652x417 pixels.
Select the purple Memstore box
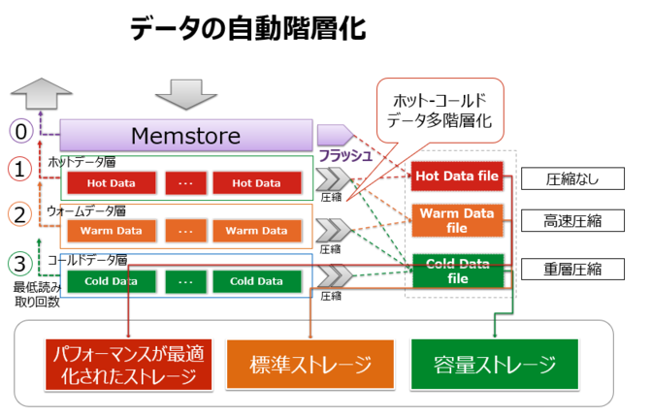coord(185,135)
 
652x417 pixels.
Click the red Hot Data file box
coord(456,176)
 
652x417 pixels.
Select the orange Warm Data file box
coord(456,221)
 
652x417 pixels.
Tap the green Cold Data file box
coord(456,269)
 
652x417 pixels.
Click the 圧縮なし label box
coord(561,179)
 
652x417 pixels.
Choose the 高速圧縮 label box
coord(561,221)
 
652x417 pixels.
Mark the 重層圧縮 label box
coord(561,269)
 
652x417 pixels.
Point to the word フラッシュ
coord(346,155)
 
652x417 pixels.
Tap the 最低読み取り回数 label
coord(36,293)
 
